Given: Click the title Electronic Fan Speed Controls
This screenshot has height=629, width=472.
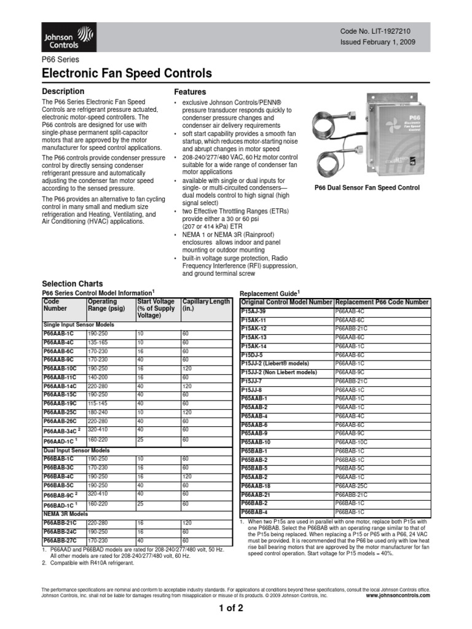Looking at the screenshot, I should tap(127, 74).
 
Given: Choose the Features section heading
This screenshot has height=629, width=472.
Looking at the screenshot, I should tap(190, 91).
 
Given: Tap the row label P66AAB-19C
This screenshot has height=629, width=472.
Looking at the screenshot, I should tap(58, 403).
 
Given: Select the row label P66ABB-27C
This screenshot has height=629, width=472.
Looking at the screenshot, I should tap(59, 540).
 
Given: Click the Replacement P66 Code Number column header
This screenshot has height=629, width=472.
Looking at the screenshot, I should tap(382, 302).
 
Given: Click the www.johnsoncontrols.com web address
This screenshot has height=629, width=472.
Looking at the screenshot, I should tap(398, 595).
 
